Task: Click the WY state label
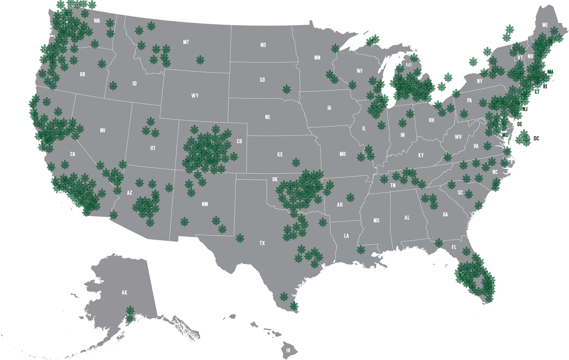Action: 195,96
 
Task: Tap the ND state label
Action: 263,45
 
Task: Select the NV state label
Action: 103,131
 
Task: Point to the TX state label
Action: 262,243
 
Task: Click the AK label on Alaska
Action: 124,293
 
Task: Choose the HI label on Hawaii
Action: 288,350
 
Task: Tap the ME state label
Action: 545,25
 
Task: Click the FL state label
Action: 454,247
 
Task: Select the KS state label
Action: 280,155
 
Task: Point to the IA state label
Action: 329,108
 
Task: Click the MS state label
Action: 376,221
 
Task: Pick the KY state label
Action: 421,155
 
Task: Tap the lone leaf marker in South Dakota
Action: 286,89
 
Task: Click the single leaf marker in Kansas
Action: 296,162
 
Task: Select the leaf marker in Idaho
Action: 113,85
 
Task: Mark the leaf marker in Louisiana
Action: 361,250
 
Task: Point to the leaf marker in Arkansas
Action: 350,198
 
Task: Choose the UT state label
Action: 153,148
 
